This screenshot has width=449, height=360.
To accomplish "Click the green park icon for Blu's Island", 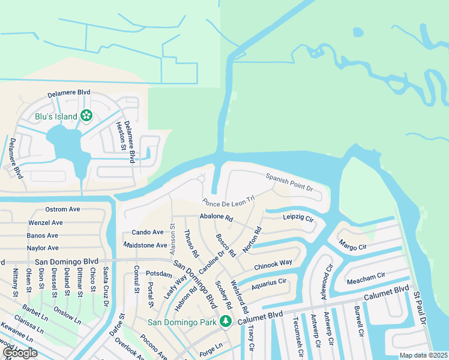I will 86,115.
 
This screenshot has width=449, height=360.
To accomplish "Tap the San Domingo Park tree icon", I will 226,322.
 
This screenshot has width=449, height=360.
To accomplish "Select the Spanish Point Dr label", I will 290,182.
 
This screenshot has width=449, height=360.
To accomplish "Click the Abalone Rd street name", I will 216,217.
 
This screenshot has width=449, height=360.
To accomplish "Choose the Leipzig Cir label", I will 298,219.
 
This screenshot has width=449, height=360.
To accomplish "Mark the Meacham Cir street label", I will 366,277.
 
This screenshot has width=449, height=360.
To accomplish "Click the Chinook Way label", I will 273,263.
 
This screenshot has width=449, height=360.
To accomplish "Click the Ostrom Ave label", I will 62,209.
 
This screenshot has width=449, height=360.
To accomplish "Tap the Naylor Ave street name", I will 43,248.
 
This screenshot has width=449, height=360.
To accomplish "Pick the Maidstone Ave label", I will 145,245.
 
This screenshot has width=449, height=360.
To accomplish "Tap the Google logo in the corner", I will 20,353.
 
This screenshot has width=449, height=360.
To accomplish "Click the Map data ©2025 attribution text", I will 423,355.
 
